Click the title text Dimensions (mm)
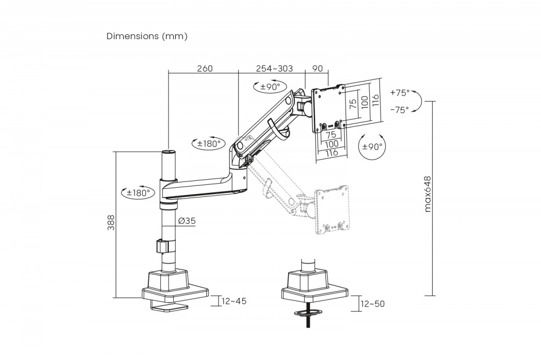tap(147, 36)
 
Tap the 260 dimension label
tap(204, 68)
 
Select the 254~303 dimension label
tap(274, 68)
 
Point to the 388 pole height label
tap(111, 222)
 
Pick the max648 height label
tap(428, 194)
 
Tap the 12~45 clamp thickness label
tap(234, 301)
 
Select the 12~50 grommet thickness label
tap(372, 304)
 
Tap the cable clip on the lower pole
tap(164, 246)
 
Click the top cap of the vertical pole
tap(168, 153)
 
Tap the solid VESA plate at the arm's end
tap(329, 109)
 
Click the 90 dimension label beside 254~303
tap(317, 68)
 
